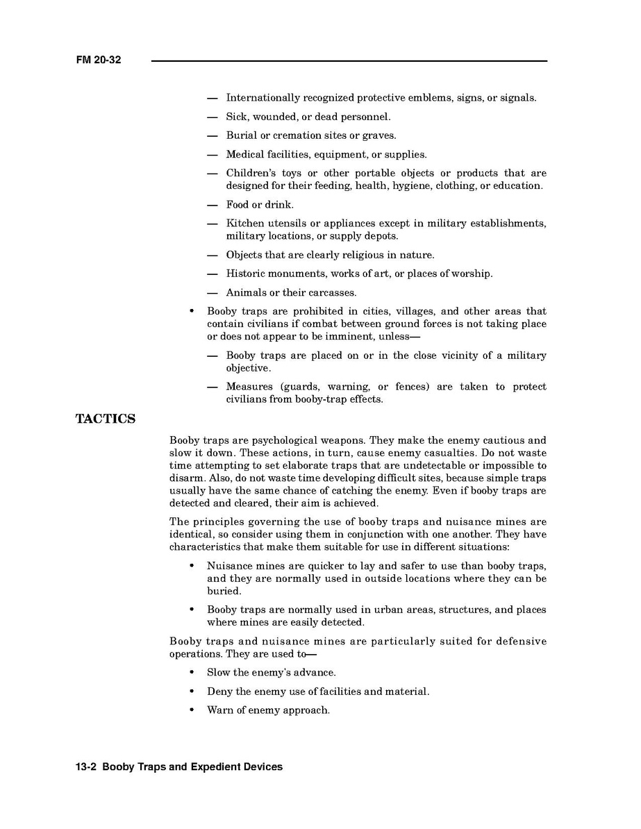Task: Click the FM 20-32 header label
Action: [x=99, y=60]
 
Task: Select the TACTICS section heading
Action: [x=105, y=419]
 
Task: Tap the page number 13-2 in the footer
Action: [x=86, y=767]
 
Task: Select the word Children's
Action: [x=247, y=173]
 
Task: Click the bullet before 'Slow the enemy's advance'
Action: [x=191, y=673]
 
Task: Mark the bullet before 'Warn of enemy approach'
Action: [x=191, y=710]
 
